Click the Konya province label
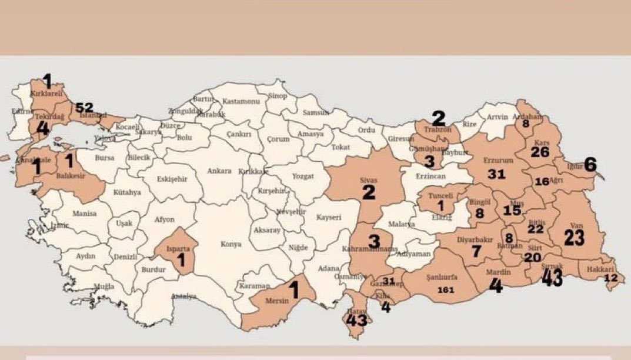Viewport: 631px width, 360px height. point(231,244)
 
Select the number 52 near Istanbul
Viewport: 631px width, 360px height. point(84,107)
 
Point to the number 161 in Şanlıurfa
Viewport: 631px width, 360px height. point(446,289)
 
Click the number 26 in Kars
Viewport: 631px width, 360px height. point(540,152)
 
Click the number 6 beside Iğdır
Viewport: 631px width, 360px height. point(590,165)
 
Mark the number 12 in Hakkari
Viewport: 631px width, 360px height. point(611,278)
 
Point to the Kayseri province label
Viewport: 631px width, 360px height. point(329,217)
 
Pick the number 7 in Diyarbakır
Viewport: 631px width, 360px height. point(476,251)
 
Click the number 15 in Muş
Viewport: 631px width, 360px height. point(512,210)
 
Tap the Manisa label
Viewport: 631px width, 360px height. point(84,214)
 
